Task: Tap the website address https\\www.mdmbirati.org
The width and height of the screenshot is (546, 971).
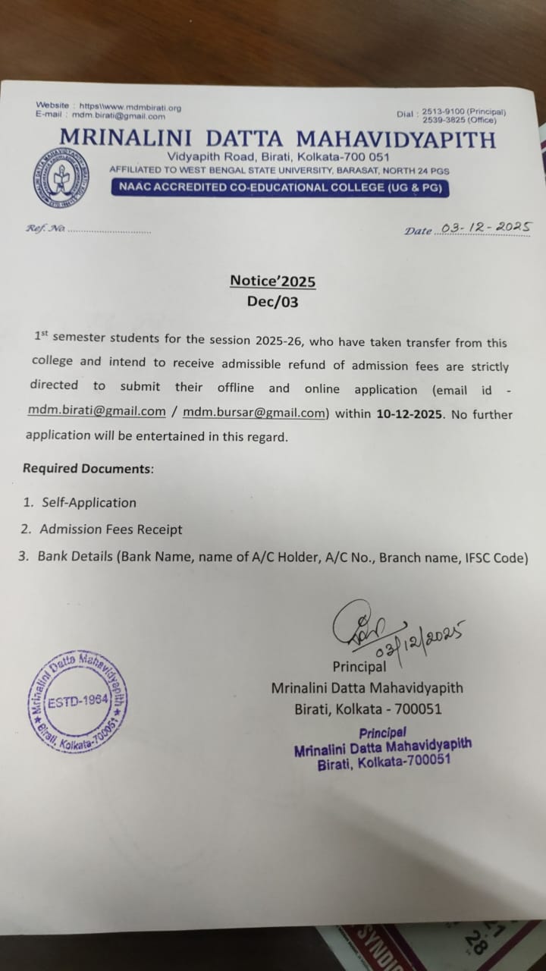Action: point(130,107)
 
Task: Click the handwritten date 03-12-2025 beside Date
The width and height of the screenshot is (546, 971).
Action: point(485,227)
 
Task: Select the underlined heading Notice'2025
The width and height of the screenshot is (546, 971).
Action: point(273,281)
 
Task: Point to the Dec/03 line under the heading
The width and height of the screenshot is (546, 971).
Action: point(273,302)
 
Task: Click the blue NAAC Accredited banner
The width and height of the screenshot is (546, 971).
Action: point(279,188)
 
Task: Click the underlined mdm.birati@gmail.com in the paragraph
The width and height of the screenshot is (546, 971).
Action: point(96,411)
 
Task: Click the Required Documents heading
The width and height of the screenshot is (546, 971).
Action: point(87,468)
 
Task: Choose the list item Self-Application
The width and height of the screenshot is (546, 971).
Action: point(89,502)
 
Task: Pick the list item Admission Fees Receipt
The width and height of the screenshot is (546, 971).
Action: point(111,529)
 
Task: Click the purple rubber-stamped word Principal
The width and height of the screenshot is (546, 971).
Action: point(382,733)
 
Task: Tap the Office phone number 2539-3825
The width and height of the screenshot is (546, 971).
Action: point(441,119)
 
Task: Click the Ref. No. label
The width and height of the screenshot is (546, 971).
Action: point(45,228)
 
